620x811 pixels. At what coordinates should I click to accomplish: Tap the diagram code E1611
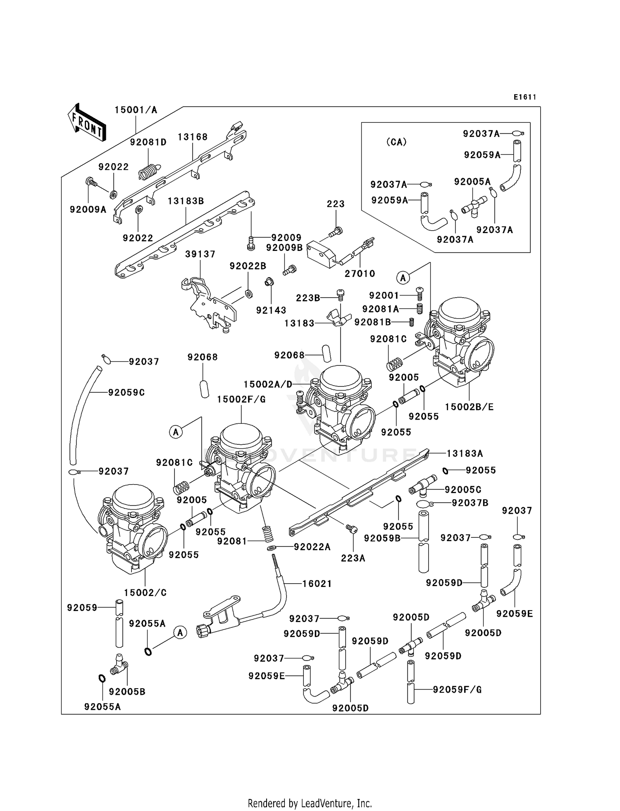pos(525,97)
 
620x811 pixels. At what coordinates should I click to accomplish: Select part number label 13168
pos(193,137)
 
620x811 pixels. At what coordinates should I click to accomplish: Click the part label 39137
pos(200,254)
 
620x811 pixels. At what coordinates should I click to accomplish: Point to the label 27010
pos(360,273)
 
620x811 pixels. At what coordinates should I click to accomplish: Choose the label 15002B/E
pos(469,407)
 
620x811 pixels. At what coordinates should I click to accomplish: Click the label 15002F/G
pos(241,399)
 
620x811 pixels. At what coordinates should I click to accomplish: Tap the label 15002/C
pos(145,592)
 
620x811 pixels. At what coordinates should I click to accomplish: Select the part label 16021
pos(317,583)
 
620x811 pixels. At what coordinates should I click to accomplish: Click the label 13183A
pos(465,453)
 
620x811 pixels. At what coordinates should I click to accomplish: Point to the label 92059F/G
pos(457,689)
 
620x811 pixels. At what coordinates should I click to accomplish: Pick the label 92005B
pos(127,692)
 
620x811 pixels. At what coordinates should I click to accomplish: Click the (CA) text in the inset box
pos(396,142)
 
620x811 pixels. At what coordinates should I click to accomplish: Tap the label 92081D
pos(148,142)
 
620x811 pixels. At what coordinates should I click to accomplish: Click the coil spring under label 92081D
pos(148,171)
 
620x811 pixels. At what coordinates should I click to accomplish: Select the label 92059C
pos(126,392)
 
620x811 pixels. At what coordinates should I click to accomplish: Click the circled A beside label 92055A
pos(180,632)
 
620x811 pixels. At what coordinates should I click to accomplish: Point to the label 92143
pos(271,310)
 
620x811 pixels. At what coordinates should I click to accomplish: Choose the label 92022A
pos(312,547)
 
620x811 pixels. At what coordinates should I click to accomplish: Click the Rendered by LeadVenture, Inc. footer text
pos(310,804)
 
